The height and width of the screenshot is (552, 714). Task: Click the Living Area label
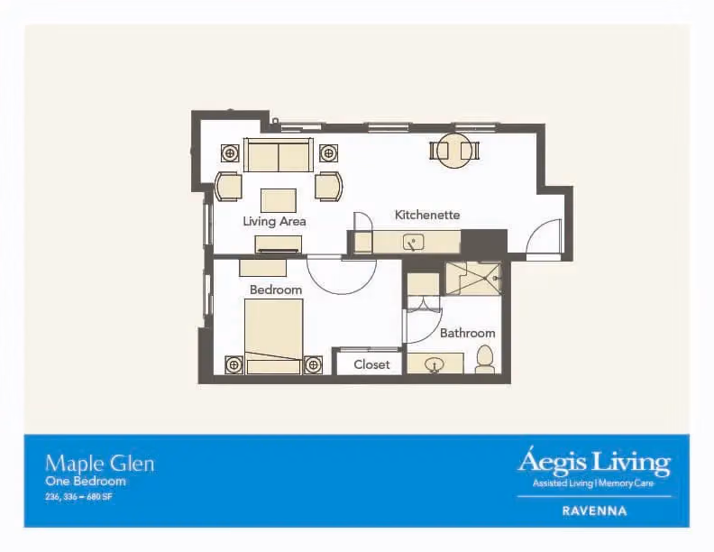(274, 221)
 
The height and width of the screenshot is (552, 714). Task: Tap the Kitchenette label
(427, 215)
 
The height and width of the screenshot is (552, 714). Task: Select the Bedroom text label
(276, 290)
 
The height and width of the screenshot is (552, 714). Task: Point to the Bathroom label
(467, 333)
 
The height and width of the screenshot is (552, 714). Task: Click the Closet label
(371, 364)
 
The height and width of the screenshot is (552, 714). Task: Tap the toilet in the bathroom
(485, 359)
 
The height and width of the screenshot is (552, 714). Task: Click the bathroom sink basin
(434, 364)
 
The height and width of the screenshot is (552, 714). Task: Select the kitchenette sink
(413, 243)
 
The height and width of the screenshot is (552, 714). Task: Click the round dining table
(454, 151)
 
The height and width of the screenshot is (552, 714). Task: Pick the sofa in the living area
(279, 155)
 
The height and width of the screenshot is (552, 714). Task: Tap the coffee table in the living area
(279, 200)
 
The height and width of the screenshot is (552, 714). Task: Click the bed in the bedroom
(273, 336)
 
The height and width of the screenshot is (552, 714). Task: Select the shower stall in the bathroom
(472, 279)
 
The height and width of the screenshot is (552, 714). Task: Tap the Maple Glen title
(100, 465)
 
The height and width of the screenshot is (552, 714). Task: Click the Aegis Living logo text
(594, 463)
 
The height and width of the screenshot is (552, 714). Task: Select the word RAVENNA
(594, 511)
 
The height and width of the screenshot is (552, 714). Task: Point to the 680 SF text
(99, 497)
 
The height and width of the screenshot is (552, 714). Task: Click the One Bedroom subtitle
(85, 481)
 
